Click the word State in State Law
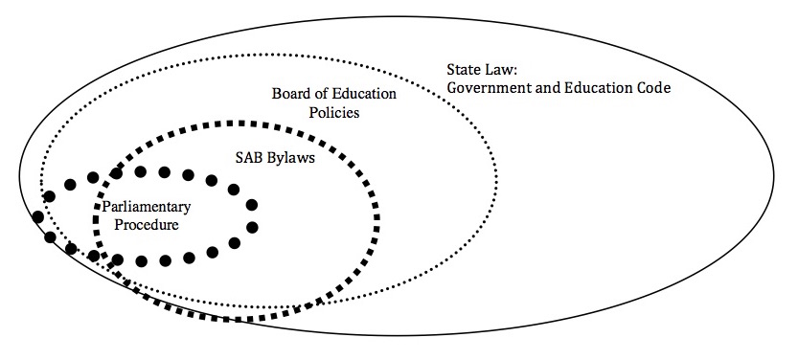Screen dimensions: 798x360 [x=462, y=69]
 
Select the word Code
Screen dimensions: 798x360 [x=654, y=87]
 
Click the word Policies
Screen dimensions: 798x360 [x=334, y=112]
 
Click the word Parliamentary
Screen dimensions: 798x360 [x=146, y=207]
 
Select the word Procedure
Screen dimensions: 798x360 [x=147, y=225]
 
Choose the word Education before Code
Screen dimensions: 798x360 [x=598, y=87]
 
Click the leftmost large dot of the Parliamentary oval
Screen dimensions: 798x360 [x=37, y=217]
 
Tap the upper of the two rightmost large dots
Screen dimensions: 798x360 [x=252, y=205]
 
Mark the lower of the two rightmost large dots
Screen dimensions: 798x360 [x=252, y=227]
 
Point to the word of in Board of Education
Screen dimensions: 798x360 [x=320, y=94]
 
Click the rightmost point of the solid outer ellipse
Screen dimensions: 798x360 [x=774, y=175]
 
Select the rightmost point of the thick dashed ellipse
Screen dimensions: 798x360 [x=377, y=218]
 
